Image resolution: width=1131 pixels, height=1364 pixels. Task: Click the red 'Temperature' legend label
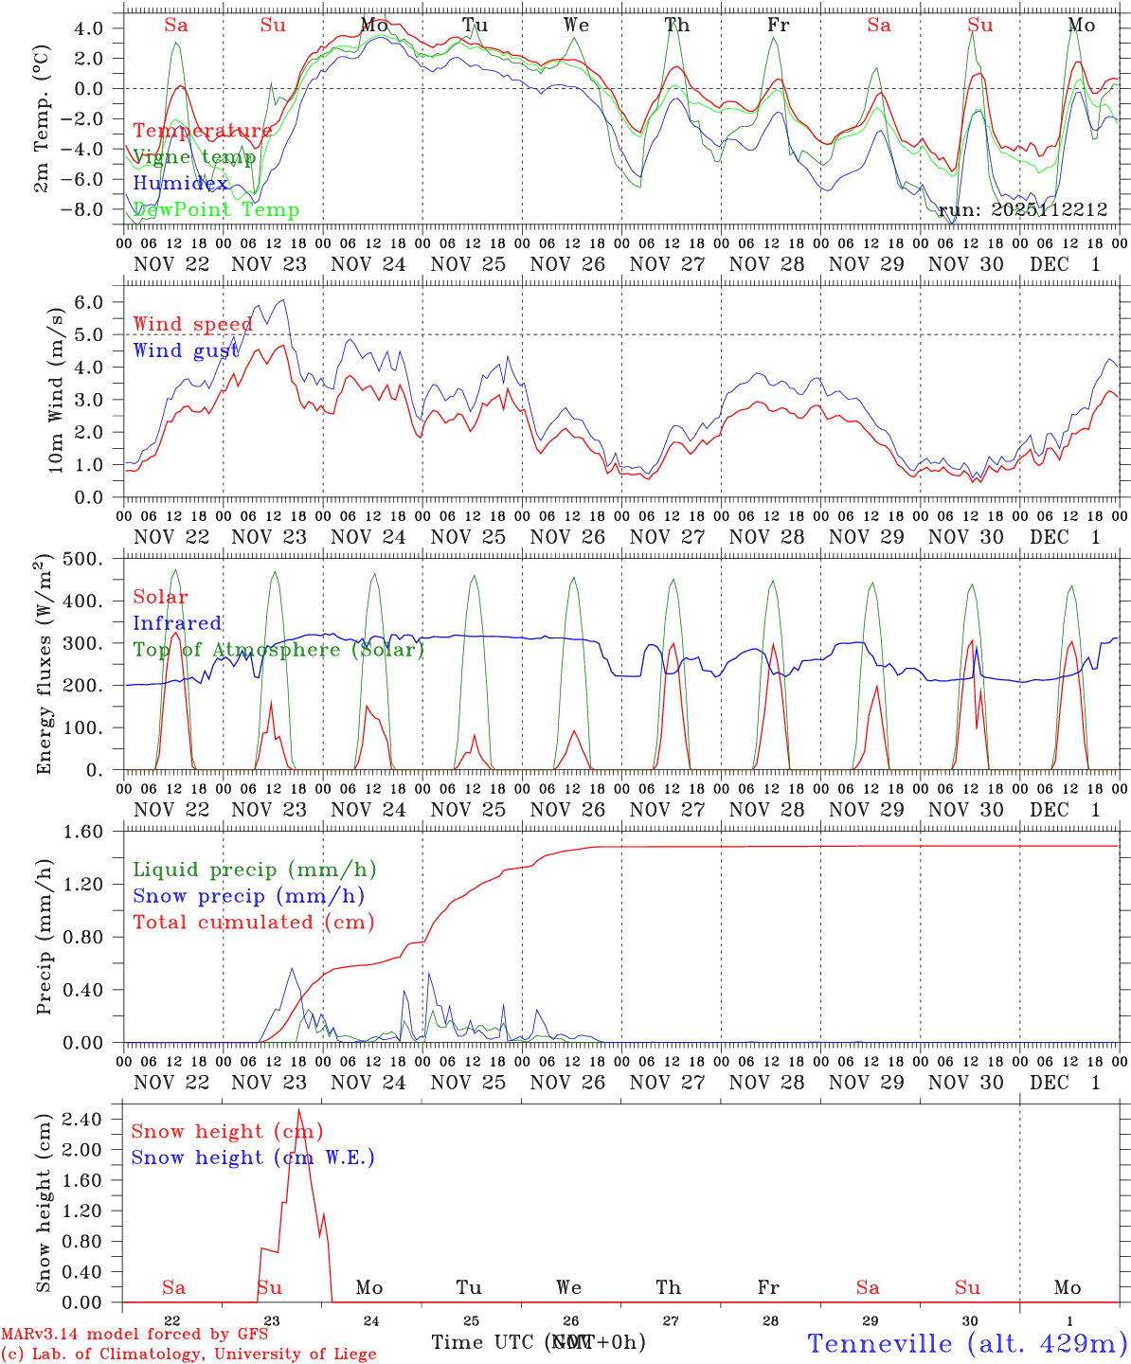tap(202, 131)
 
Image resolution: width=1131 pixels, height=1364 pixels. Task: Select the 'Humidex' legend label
tap(180, 184)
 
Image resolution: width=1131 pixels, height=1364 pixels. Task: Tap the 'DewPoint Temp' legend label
tap(216, 210)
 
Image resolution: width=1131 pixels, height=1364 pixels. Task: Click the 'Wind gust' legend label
tap(186, 350)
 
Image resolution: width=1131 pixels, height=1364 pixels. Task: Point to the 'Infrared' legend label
tap(177, 623)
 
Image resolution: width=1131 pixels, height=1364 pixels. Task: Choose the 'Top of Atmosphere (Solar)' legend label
tap(278, 650)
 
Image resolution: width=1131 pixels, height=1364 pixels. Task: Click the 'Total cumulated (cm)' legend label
tap(253, 922)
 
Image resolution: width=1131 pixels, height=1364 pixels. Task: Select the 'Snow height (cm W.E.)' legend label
tap(253, 1158)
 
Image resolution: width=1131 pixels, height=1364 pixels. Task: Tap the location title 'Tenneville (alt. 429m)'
tap(966, 1343)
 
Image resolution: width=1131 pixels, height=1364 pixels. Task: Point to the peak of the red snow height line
tap(299, 1109)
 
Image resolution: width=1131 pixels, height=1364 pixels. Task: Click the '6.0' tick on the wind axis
tap(98, 302)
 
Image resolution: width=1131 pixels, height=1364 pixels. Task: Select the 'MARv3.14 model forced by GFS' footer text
tap(134, 1334)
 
